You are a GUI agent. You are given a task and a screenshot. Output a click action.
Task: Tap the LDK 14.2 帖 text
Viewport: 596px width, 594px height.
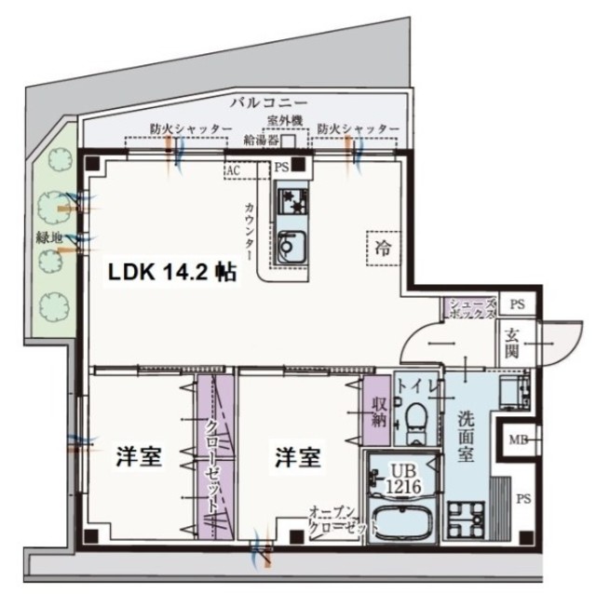171,273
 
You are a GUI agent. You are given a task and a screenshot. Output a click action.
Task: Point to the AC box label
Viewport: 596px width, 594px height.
234,171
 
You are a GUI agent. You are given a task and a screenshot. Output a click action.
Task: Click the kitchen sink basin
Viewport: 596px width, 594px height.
293,248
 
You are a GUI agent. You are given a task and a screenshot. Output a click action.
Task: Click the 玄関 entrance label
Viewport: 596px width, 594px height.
512,344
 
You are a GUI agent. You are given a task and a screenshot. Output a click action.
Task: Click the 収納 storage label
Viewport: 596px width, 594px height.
379,410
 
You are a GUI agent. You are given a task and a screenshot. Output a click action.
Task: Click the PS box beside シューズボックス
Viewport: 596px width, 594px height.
518,304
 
